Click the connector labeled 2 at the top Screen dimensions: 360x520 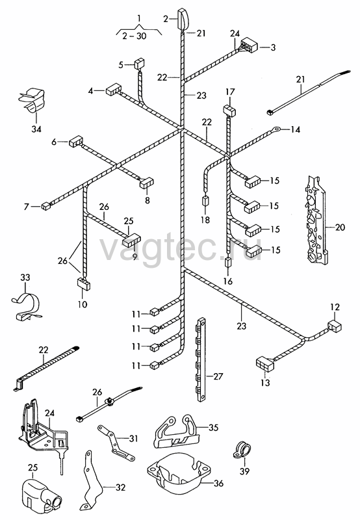coord(183,19)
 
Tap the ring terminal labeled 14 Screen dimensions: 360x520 coord(276,128)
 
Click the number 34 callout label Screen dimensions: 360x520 coord(36,129)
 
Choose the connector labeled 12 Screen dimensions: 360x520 coord(335,326)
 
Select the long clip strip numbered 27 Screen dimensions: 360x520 coord(200,359)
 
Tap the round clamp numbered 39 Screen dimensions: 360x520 coord(242,450)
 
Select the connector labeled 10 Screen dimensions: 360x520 coord(84,284)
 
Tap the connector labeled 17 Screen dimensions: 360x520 coord(229,110)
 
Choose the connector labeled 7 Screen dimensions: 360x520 coord(45,206)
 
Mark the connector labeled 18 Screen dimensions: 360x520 coord(205,201)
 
